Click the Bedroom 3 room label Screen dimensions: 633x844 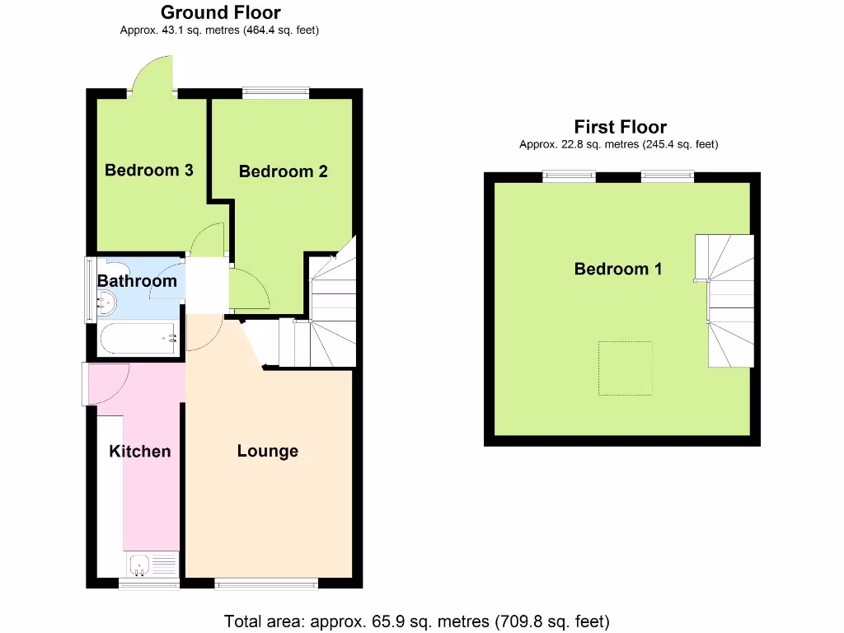point(149,171)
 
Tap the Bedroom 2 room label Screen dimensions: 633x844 point(284,171)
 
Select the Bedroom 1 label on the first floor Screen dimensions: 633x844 point(618,269)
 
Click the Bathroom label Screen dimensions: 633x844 point(137,281)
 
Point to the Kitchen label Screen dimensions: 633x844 point(140,451)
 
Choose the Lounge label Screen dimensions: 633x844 point(268,451)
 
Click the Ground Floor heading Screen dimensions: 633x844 point(220,12)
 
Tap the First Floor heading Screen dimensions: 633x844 point(620,127)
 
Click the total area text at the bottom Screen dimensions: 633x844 point(417,621)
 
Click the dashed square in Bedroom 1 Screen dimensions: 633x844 point(625,368)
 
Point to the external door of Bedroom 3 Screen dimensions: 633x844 point(153,79)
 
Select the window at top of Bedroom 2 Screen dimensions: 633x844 point(275,93)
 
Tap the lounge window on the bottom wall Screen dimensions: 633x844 point(266,584)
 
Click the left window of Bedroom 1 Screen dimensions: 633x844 point(569,176)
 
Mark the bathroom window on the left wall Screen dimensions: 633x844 point(90,289)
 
